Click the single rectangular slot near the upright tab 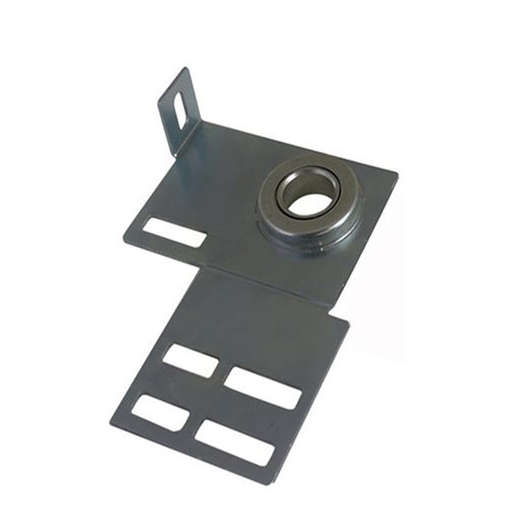174,232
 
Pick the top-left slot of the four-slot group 191,361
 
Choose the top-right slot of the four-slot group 263,387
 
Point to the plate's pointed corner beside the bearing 397,172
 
